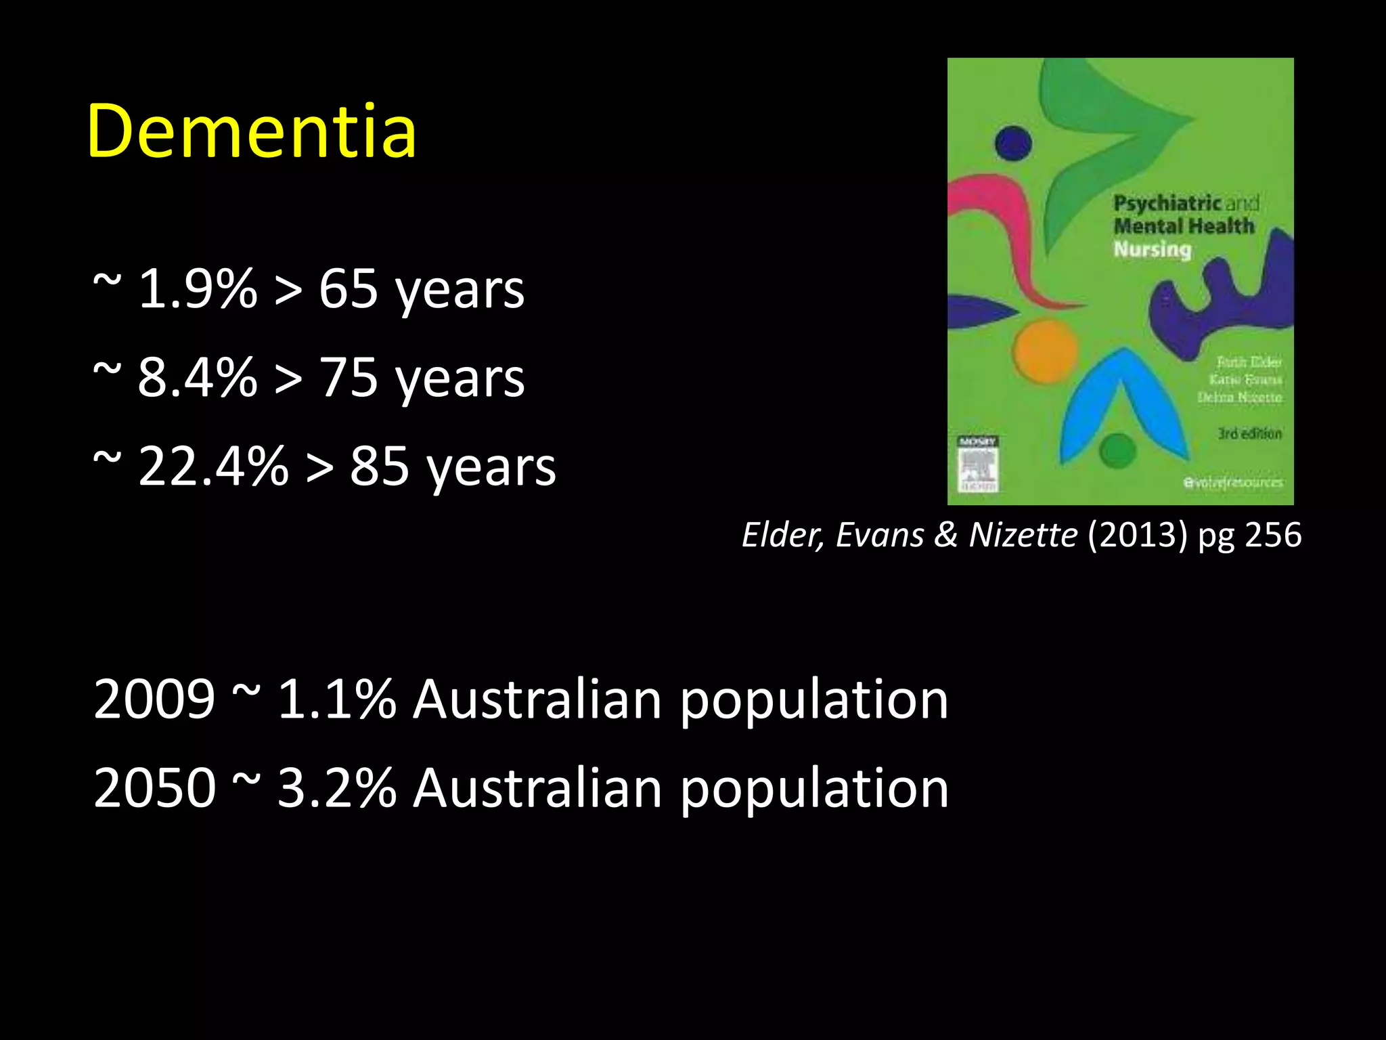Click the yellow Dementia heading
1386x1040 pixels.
pyautogui.click(x=251, y=131)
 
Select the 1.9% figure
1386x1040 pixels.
pyautogui.click(x=198, y=289)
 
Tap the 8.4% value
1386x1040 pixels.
pyautogui.click(x=198, y=378)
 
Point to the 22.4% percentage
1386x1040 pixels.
pyautogui.click(x=213, y=467)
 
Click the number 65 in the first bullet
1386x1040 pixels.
pyautogui.click(x=348, y=289)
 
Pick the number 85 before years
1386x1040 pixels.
pyautogui.click(x=379, y=467)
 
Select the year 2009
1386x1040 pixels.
pyautogui.click(x=154, y=699)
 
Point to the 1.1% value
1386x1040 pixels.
pyautogui.click(x=336, y=699)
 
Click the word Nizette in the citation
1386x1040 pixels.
pyautogui.click(x=1023, y=535)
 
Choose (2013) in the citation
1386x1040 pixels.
pyautogui.click(x=1137, y=535)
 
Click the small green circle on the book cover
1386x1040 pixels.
pyautogui.click(x=1118, y=450)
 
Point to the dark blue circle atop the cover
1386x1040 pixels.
pyautogui.click(x=1013, y=143)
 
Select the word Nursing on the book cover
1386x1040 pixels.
pyautogui.click(x=1152, y=249)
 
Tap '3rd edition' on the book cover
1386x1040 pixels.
pyautogui.click(x=1249, y=433)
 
